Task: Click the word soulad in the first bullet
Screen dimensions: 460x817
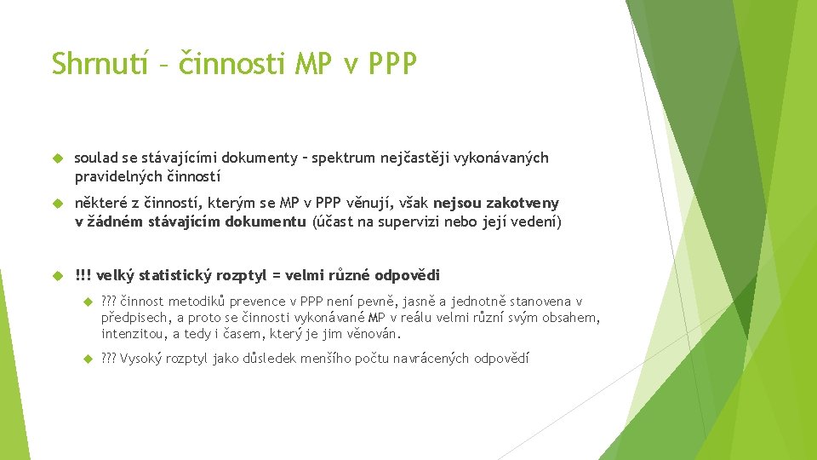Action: (x=94, y=158)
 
